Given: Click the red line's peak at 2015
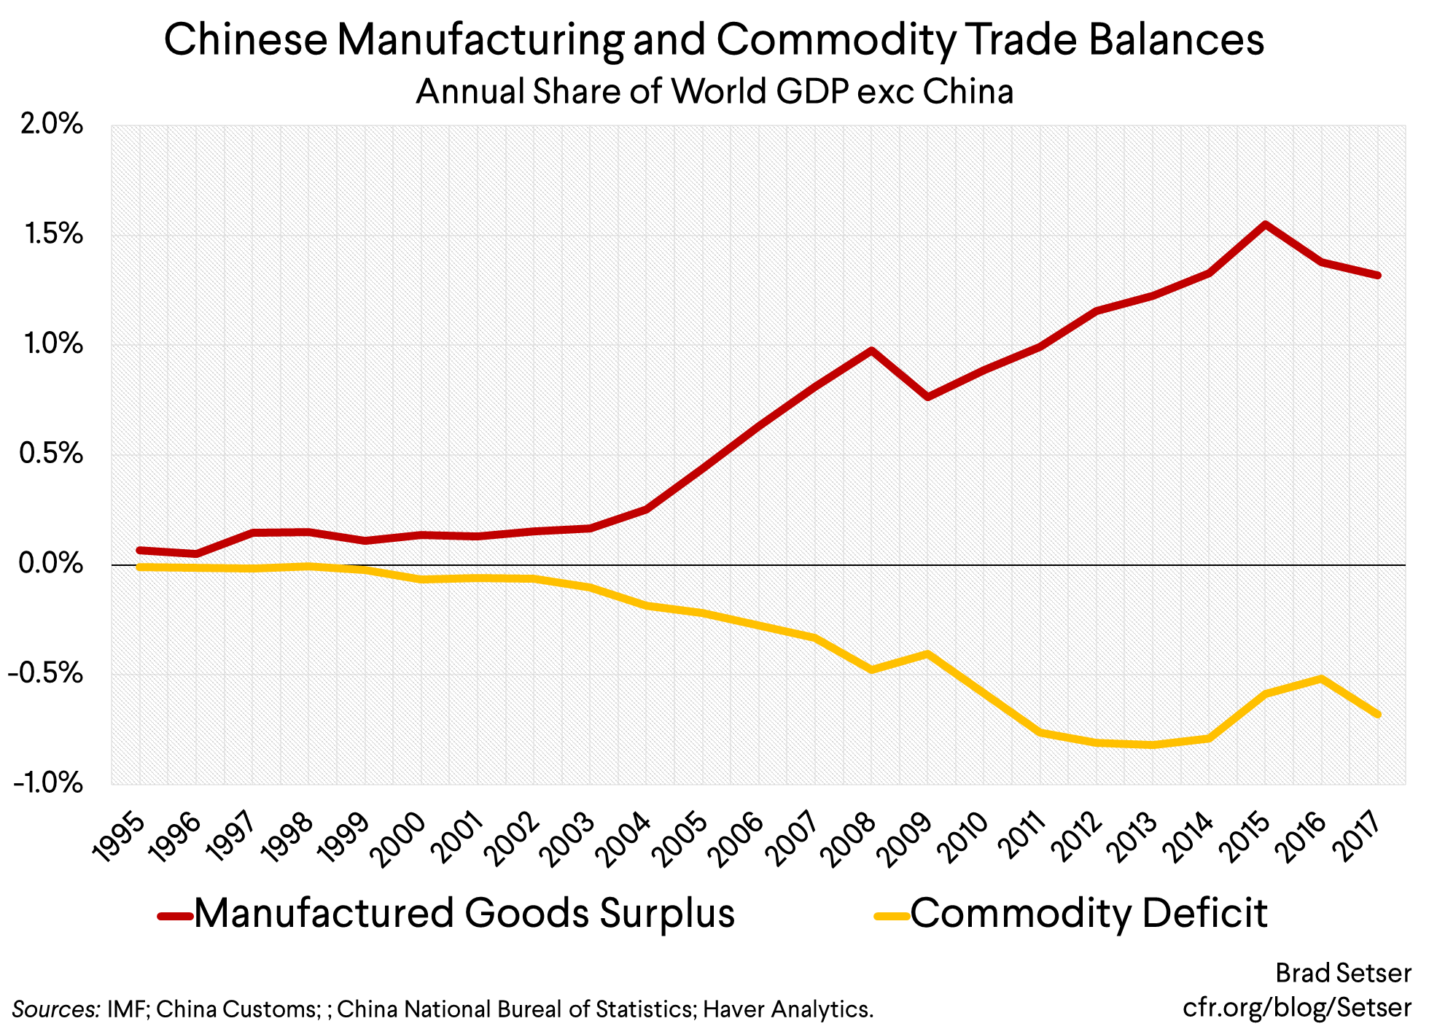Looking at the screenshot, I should click(1266, 225).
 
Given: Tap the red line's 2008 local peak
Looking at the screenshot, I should click(871, 351).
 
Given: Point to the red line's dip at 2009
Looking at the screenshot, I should click(927, 397).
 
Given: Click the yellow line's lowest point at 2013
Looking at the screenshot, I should click(1153, 745).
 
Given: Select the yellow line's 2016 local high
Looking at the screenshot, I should click(1321, 679).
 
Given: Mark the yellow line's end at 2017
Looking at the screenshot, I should click(1377, 714).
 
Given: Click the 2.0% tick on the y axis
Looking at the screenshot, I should click(51, 125).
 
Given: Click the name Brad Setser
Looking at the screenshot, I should click(1343, 973).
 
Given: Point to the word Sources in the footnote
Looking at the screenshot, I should click(55, 1009).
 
